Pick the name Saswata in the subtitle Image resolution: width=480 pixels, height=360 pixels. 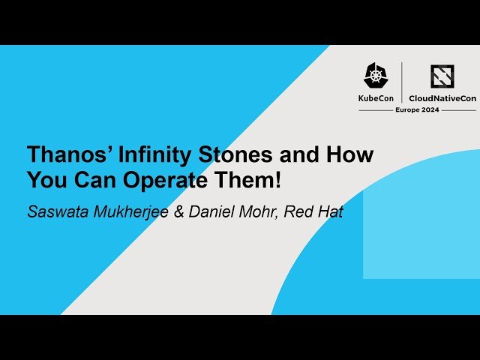tap(56, 211)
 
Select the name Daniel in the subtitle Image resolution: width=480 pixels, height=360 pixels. tap(211, 211)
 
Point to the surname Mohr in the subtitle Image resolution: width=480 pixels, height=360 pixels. tap(259, 211)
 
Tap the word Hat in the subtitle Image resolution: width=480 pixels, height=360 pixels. tap(330, 211)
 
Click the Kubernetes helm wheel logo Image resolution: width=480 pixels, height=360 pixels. tap(376, 75)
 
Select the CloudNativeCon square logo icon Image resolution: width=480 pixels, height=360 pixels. tap(442, 76)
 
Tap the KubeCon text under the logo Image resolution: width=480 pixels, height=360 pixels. tap(376, 97)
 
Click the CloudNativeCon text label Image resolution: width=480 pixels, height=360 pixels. tap(442, 97)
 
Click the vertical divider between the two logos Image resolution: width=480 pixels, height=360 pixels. tap(402, 82)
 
